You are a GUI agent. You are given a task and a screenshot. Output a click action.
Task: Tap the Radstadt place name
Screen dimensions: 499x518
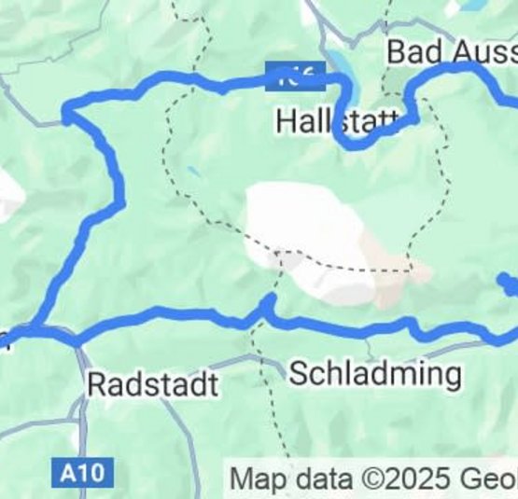(153, 384)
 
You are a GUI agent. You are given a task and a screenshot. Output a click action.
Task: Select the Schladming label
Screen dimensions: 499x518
(375, 374)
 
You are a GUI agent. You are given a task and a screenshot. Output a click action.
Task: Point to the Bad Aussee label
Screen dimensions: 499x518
(452, 52)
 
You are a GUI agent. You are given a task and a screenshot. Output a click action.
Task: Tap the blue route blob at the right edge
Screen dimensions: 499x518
(508, 284)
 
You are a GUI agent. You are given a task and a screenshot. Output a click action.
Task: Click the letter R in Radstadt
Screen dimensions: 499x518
(96, 384)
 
